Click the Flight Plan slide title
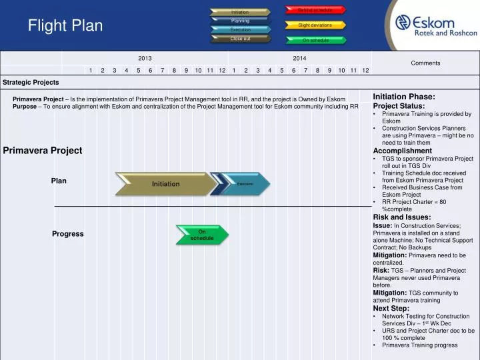[65, 26]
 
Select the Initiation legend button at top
[240, 12]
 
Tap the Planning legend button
[240, 21]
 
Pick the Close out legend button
[240, 39]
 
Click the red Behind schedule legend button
[315, 10]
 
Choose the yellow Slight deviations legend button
[315, 25]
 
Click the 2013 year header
[145, 59]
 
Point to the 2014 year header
[299, 59]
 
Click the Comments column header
[425, 63]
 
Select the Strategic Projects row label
[31, 83]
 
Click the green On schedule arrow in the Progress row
[202, 235]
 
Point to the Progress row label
[68, 234]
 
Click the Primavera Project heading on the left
[43, 151]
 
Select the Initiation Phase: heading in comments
[404, 97]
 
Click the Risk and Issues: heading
[402, 217]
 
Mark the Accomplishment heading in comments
[403, 151]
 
